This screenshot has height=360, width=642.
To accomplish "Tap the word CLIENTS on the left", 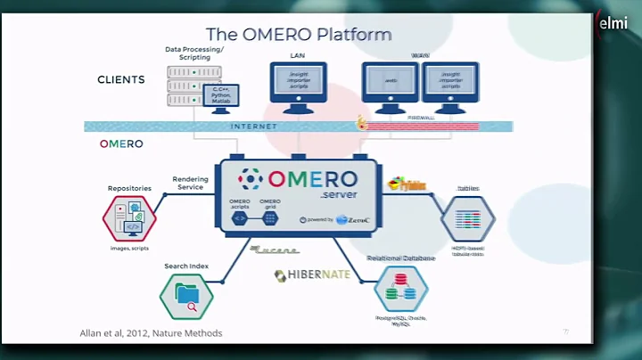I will (121, 79).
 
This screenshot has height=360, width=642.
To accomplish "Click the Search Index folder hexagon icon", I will (186, 295).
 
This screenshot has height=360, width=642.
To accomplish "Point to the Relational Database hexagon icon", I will (400, 290).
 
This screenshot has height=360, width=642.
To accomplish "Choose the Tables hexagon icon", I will (467, 218).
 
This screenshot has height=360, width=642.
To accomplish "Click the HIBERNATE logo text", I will (312, 274).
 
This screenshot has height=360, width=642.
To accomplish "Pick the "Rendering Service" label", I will (191, 183).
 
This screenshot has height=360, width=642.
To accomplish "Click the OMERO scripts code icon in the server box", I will (240, 217).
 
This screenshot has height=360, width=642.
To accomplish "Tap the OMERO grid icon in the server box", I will (270, 217).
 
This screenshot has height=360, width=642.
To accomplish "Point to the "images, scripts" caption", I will (129, 248).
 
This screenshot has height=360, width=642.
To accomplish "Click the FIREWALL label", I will (422, 117).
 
